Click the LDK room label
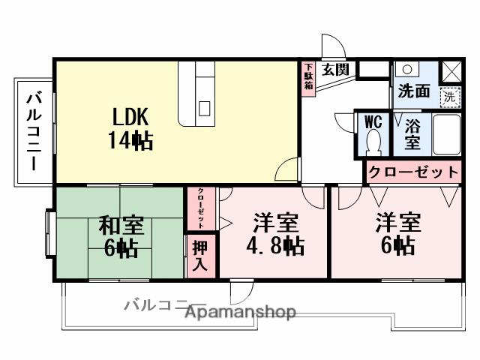pyautogui.click(x=132, y=117)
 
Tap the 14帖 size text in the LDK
pyautogui.click(x=132, y=139)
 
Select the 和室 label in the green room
pyautogui.click(x=121, y=226)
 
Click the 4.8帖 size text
pyautogui.click(x=275, y=245)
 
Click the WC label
pyautogui.click(x=372, y=121)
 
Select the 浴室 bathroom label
pyautogui.click(x=412, y=133)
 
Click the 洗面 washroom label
pyautogui.click(x=413, y=91)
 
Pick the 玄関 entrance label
pyautogui.click(x=335, y=70)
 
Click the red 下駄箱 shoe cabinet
pyautogui.click(x=307, y=76)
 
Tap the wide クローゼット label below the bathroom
pyautogui.click(x=412, y=172)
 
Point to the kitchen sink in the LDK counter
pyautogui.click(x=204, y=108)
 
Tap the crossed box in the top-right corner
pyautogui.click(x=451, y=70)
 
